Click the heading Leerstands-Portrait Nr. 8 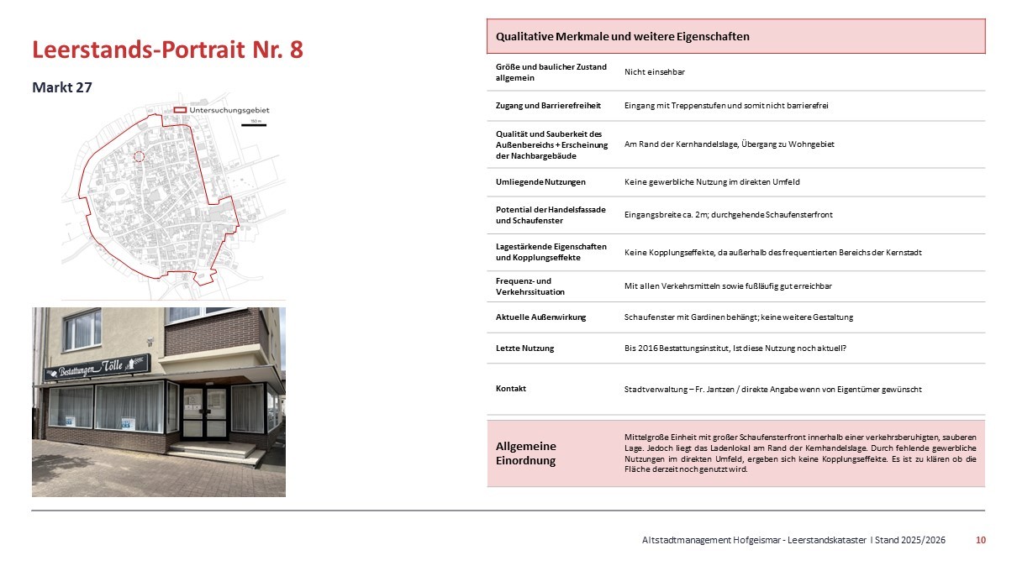click(167, 50)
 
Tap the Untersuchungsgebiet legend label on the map click(229, 110)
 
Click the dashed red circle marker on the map click(140, 156)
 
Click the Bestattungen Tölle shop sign click(97, 366)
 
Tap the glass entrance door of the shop click(204, 411)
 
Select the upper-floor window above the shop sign click(82, 330)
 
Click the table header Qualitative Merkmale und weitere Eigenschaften click(622, 37)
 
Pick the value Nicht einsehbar click(654, 72)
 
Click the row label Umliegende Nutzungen click(540, 182)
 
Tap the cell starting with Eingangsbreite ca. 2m click(728, 215)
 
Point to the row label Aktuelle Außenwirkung click(540, 317)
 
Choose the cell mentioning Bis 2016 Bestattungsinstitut click(735, 348)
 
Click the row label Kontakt click(512, 388)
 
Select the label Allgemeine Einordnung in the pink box click(526, 453)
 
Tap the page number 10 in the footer click(980, 540)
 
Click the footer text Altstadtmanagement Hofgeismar click(703, 540)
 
